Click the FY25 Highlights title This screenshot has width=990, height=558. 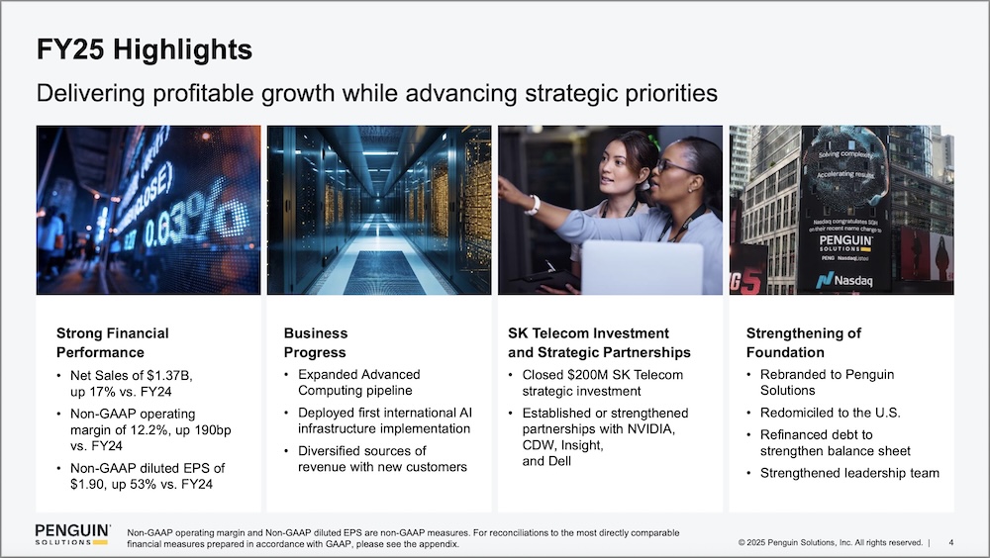pyautogui.click(x=144, y=49)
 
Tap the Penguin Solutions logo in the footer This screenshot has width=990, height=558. pyautogui.click(x=72, y=534)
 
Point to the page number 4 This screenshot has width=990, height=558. pyautogui.click(x=950, y=542)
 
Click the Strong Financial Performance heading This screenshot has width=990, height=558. pyautogui.click(x=113, y=342)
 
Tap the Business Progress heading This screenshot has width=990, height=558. pyautogui.click(x=316, y=342)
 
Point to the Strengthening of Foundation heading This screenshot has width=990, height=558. pyautogui.click(x=803, y=342)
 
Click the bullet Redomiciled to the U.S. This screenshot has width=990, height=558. pyautogui.click(x=831, y=413)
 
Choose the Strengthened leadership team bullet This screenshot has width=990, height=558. pyautogui.click(x=849, y=473)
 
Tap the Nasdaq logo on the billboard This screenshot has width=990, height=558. pyautogui.click(x=844, y=280)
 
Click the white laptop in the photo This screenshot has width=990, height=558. pyautogui.click(x=642, y=268)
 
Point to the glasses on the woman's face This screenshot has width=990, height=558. pyautogui.click(x=674, y=167)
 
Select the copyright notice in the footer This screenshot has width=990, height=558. pyautogui.click(x=831, y=542)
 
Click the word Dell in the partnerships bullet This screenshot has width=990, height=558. pyautogui.click(x=558, y=461)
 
